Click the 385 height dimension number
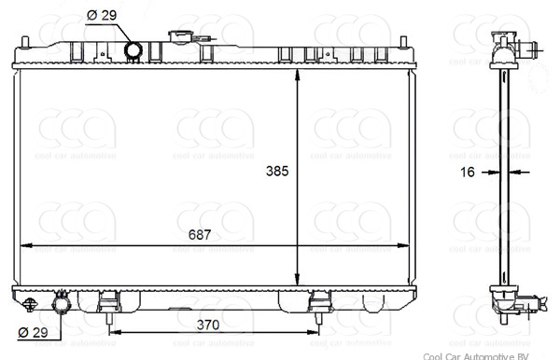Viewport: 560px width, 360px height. point(278,172)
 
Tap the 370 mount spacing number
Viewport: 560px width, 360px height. point(207,325)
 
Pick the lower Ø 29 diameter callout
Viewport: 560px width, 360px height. point(32,332)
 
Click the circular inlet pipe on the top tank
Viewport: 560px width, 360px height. point(133,50)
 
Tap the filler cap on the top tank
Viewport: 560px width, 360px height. point(179,37)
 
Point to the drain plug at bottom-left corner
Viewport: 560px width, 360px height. point(31,303)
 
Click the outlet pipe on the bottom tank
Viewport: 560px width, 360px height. point(63,304)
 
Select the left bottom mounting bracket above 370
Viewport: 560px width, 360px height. point(110,302)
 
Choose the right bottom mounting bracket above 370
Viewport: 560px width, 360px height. point(319,302)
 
